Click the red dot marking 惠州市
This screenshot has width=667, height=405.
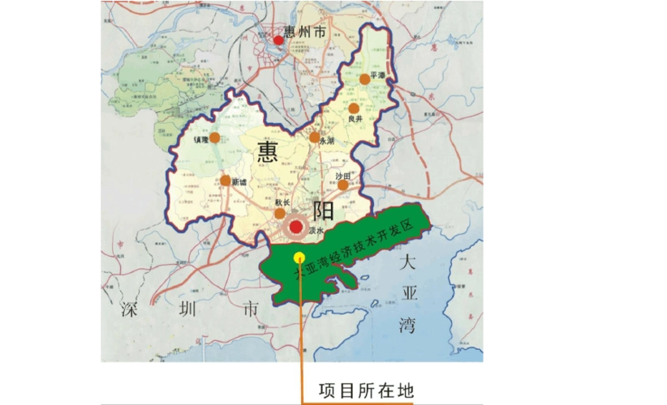click(x=278, y=40)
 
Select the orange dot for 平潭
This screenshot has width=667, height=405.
click(x=364, y=79)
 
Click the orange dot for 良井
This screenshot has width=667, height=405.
click(x=354, y=109)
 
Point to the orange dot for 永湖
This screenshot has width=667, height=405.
click(x=314, y=138)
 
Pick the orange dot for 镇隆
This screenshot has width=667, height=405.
click(x=213, y=139)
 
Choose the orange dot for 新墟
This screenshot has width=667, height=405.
click(x=225, y=181)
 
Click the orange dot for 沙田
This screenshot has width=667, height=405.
click(x=342, y=185)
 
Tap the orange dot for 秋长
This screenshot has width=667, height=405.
click(x=280, y=213)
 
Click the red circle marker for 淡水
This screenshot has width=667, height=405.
click(x=298, y=228)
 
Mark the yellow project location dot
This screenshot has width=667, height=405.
click(x=299, y=258)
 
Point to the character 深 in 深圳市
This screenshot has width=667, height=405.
click(x=131, y=309)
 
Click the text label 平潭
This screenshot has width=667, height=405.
click(x=377, y=75)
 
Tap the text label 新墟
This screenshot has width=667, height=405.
click(x=239, y=183)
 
